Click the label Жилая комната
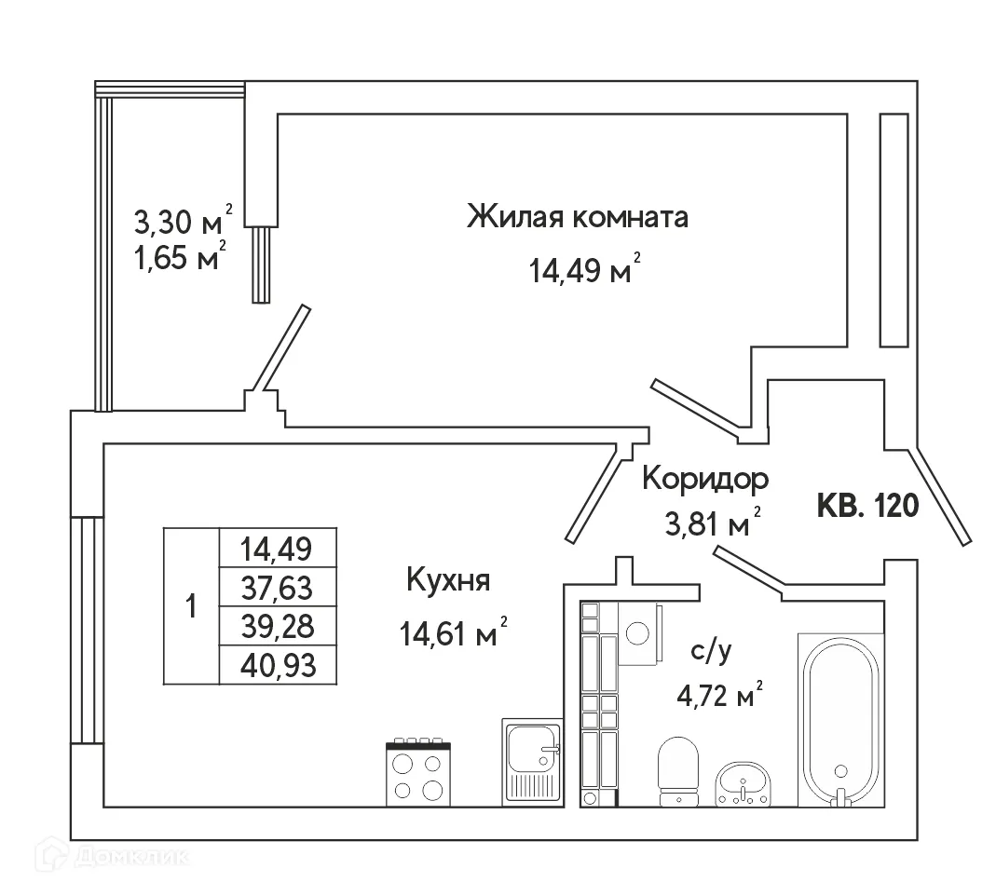tap(577, 218)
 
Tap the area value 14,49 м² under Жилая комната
tap(584, 270)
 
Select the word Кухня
tap(448, 580)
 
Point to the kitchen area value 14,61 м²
tap(453, 635)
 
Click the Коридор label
tap(705, 479)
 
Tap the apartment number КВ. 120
tap(867, 506)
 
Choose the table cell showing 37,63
tap(277, 588)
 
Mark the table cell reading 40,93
tap(277, 665)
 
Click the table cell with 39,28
tap(277, 627)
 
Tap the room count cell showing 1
tap(191, 606)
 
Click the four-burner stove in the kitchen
tap(418, 772)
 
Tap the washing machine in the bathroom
tap(639, 632)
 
